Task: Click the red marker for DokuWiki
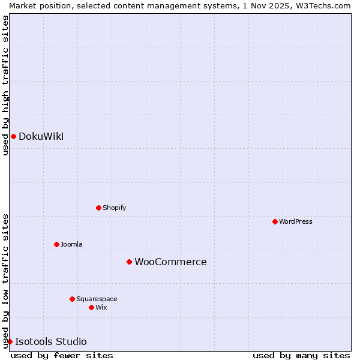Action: (13, 136)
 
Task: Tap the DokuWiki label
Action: (41, 137)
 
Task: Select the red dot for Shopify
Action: (98, 208)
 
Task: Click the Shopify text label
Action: (114, 208)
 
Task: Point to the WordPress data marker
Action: (275, 221)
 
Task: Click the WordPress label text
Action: (295, 222)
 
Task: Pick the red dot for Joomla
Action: (56, 244)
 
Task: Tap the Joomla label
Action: (71, 245)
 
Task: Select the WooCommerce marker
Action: (129, 262)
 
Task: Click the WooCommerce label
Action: (170, 262)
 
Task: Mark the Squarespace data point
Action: (72, 299)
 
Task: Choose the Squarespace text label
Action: (97, 299)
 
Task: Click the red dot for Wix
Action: (91, 307)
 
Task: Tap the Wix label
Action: (101, 308)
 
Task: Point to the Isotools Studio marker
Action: (10, 341)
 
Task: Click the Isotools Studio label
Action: (50, 342)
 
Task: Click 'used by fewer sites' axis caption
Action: (62, 355)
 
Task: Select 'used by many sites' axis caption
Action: (301, 355)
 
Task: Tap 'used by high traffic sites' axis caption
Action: (5, 85)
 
